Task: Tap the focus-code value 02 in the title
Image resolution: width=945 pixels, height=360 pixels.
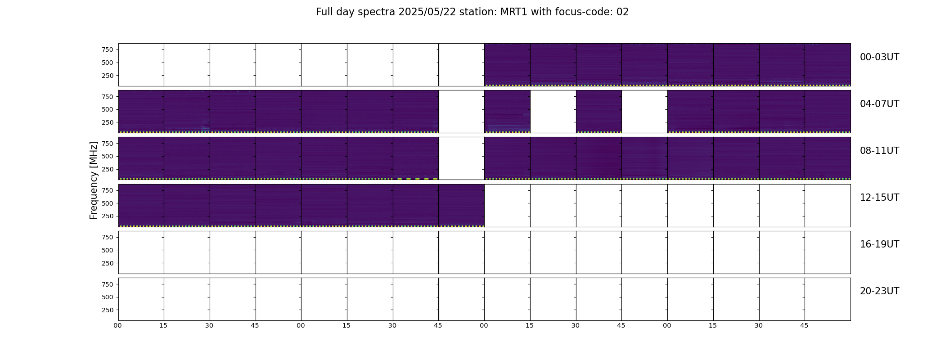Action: click(622, 12)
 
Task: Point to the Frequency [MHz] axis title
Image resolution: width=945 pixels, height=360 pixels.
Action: click(94, 180)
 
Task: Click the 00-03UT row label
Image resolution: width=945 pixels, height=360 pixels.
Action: click(879, 57)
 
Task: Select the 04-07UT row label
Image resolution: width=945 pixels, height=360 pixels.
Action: click(879, 104)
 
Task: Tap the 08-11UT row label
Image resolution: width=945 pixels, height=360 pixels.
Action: click(879, 151)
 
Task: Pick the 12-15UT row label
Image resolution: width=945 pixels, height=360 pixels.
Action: click(879, 198)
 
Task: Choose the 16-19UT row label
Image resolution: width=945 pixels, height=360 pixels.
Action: click(879, 244)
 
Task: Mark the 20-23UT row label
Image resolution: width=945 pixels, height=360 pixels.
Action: click(879, 291)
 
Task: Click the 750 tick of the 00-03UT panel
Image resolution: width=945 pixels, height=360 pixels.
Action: click(108, 49)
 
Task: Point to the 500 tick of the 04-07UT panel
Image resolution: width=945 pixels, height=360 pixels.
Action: click(108, 109)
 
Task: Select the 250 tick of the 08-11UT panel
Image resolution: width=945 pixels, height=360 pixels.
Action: click(108, 169)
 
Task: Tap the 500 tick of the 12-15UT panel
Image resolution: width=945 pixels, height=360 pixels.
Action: click(108, 203)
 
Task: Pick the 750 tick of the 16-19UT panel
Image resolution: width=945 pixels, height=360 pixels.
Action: click(108, 237)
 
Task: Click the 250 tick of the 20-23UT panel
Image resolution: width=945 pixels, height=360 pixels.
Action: click(108, 310)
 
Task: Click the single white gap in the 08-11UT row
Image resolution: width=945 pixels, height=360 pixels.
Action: click(461, 158)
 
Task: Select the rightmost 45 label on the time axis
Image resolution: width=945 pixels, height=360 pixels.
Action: click(804, 325)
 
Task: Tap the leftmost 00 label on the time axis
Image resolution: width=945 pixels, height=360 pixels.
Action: click(118, 325)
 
